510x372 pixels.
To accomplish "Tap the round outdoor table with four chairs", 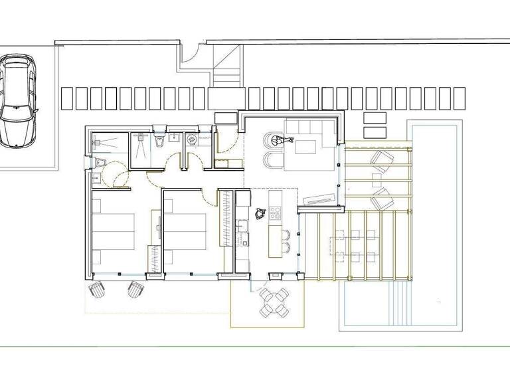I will pos(274,302).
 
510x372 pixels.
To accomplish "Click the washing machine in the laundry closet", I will pos(191,139).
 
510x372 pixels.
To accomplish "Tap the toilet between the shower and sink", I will pos(158,141).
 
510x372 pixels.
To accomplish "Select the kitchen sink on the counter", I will pos(242,232).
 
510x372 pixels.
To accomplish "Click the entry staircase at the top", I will pos(226,66).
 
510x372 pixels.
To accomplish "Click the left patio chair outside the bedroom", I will pos(97,290).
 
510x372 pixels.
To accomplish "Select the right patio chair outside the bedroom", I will pos(136,289).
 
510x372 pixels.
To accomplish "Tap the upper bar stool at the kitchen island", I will pos(286,234).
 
